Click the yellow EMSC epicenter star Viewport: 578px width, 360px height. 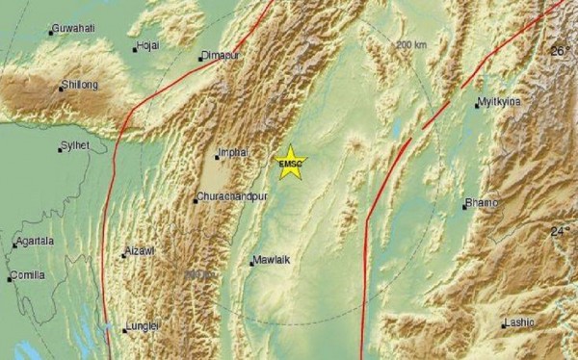(289, 163)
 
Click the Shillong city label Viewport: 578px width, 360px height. (80, 85)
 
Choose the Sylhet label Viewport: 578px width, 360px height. (74, 145)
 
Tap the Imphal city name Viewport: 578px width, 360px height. (234, 153)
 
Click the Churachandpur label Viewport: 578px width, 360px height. (231, 198)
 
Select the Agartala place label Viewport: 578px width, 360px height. (36, 242)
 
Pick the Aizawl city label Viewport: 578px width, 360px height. (140, 251)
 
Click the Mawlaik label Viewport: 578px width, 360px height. (271, 260)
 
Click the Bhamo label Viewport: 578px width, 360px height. (482, 203)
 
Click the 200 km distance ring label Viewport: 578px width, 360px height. (410, 45)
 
